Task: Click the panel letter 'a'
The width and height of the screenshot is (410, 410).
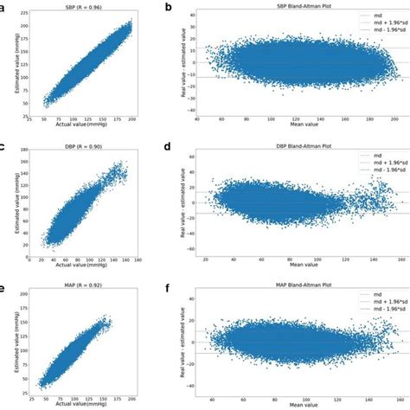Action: coord(4,8)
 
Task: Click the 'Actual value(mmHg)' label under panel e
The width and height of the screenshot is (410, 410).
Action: coord(91,403)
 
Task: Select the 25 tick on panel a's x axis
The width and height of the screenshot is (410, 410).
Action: coord(29,122)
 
